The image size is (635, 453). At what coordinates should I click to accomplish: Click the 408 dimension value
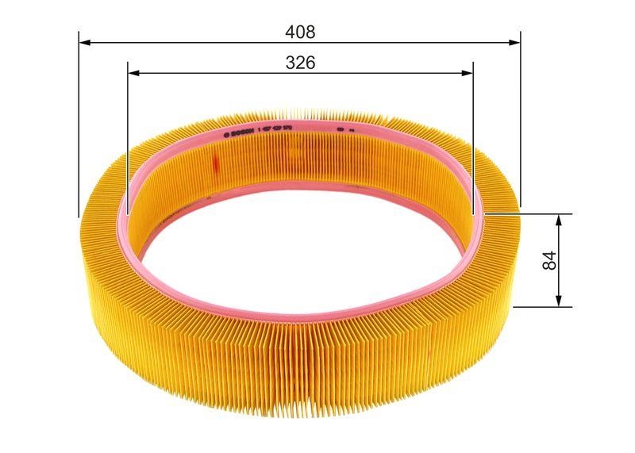pyautogui.click(x=300, y=32)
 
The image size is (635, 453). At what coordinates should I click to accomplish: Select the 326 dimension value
pyautogui.click(x=300, y=63)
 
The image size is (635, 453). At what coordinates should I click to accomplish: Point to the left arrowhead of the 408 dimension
pyautogui.click(x=84, y=40)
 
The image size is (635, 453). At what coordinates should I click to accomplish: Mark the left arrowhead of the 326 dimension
pyautogui.click(x=133, y=72)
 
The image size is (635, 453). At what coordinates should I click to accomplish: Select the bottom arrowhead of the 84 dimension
pyautogui.click(x=559, y=301)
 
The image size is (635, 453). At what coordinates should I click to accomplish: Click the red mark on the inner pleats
pyautogui.click(x=214, y=162)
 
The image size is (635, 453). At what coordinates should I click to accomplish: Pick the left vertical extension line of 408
pyautogui.click(x=79, y=127)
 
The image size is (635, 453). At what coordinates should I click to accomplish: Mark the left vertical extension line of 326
pyautogui.click(x=128, y=143)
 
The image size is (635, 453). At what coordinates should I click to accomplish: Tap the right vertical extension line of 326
pyautogui.click(x=473, y=143)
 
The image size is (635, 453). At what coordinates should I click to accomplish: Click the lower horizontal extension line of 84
pyautogui.click(x=540, y=306)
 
